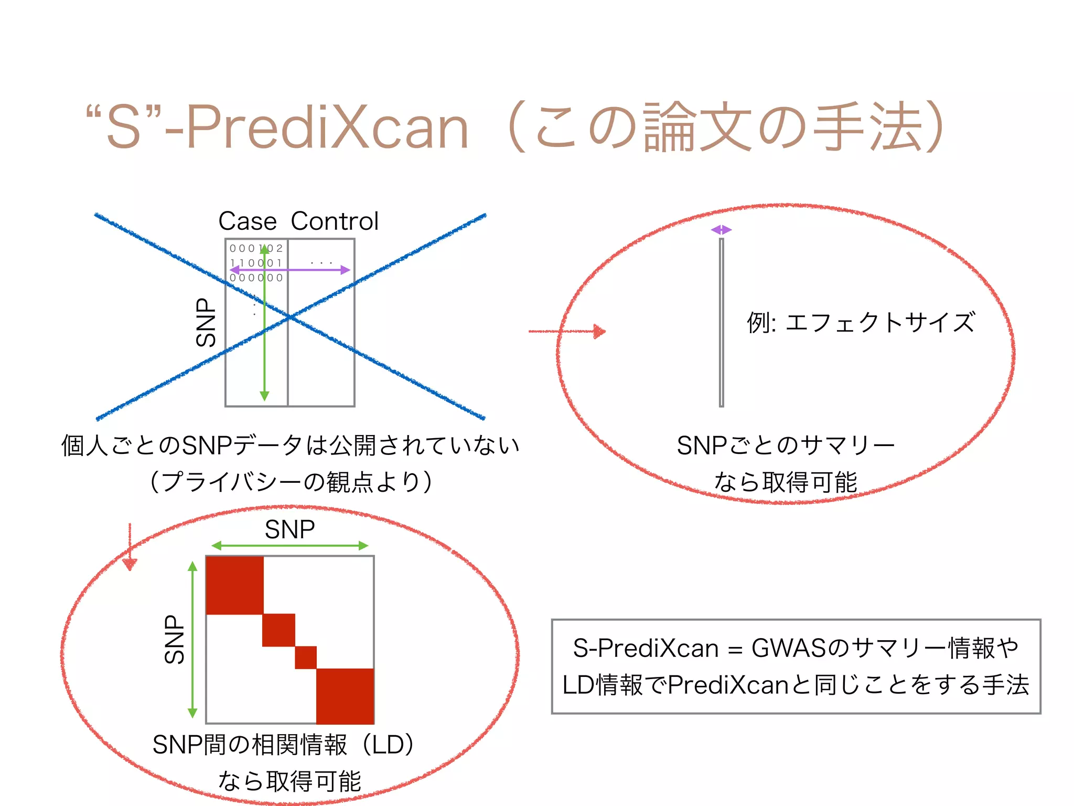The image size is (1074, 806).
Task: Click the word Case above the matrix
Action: (x=247, y=221)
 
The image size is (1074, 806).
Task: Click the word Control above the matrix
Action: (x=335, y=221)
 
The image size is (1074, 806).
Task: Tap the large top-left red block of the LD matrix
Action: (x=234, y=585)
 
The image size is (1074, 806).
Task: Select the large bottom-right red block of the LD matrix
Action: (x=345, y=696)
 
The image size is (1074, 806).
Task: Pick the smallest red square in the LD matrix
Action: (x=306, y=657)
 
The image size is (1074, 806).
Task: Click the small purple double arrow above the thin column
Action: (x=721, y=230)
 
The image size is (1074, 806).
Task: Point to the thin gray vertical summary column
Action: (x=722, y=322)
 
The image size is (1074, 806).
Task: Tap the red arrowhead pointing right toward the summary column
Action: (x=599, y=331)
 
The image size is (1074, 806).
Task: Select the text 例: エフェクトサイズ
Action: (x=861, y=322)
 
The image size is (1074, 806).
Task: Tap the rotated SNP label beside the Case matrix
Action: (x=206, y=322)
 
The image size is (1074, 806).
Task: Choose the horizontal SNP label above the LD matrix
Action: (x=289, y=529)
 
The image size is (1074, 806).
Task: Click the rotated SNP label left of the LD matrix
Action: (x=175, y=639)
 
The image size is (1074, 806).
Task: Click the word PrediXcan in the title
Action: (x=327, y=128)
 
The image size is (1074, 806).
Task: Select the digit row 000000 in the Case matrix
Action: (x=256, y=278)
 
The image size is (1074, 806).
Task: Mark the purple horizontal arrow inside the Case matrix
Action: (x=290, y=270)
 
